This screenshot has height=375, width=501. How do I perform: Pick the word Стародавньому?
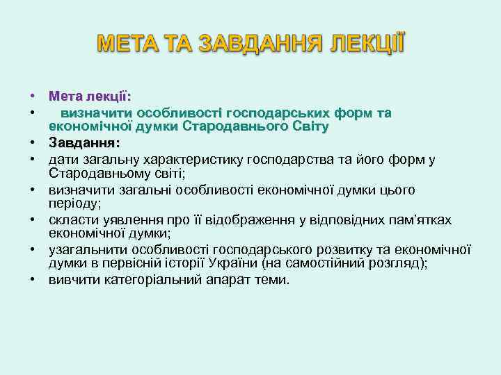93,174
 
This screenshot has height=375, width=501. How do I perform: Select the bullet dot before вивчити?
33,280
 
